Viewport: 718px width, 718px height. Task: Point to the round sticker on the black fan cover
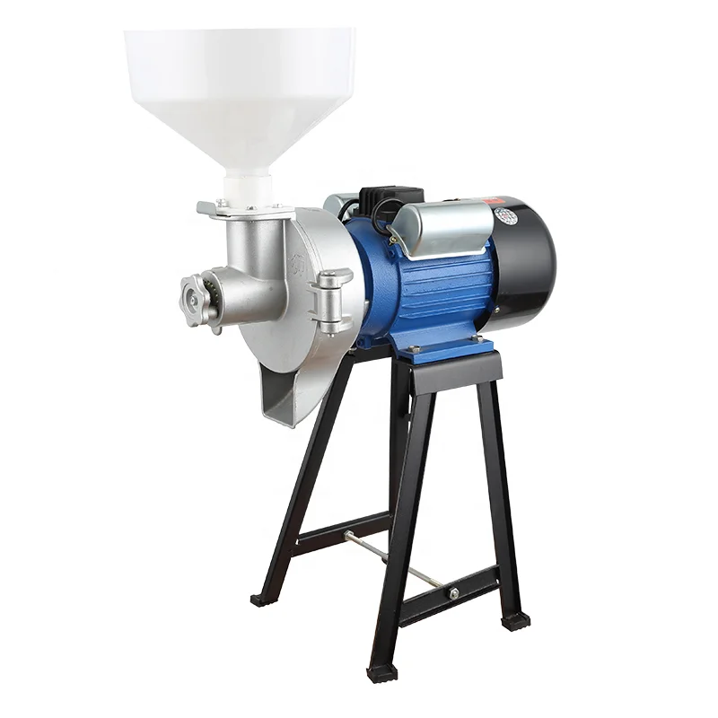point(505,216)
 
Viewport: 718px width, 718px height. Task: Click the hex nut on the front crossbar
point(454,593)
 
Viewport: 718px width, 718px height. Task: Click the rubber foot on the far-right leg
point(515,620)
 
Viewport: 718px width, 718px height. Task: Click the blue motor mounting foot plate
point(449,349)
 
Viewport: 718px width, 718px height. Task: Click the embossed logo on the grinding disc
point(297,266)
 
